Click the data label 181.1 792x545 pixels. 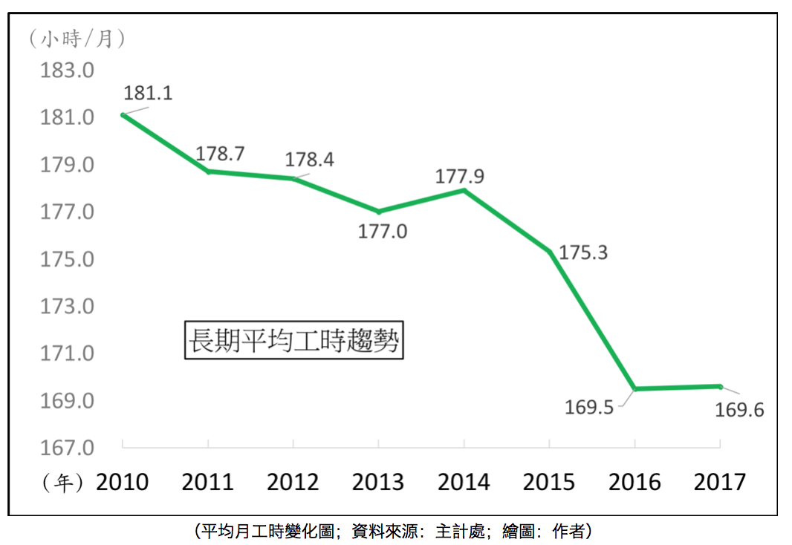click(x=148, y=94)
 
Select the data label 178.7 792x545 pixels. click(x=220, y=154)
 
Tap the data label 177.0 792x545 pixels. click(x=383, y=232)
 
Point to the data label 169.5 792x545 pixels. click(x=590, y=407)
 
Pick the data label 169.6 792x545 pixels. click(x=739, y=409)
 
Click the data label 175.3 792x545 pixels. click(x=583, y=252)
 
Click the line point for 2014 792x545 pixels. click(x=464, y=190)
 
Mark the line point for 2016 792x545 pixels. click(x=635, y=388)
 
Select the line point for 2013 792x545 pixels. click(x=379, y=212)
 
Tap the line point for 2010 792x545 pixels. click(x=123, y=114)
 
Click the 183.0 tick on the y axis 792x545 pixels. click(x=68, y=71)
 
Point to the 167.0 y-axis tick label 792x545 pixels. click(x=68, y=448)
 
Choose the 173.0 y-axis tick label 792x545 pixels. click(x=68, y=307)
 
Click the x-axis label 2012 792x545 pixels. click(x=293, y=482)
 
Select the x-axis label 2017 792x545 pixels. click(x=720, y=482)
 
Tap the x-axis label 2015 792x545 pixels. click(x=549, y=482)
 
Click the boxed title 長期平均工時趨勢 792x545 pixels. click(x=293, y=341)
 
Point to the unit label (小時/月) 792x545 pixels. click(x=76, y=38)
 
